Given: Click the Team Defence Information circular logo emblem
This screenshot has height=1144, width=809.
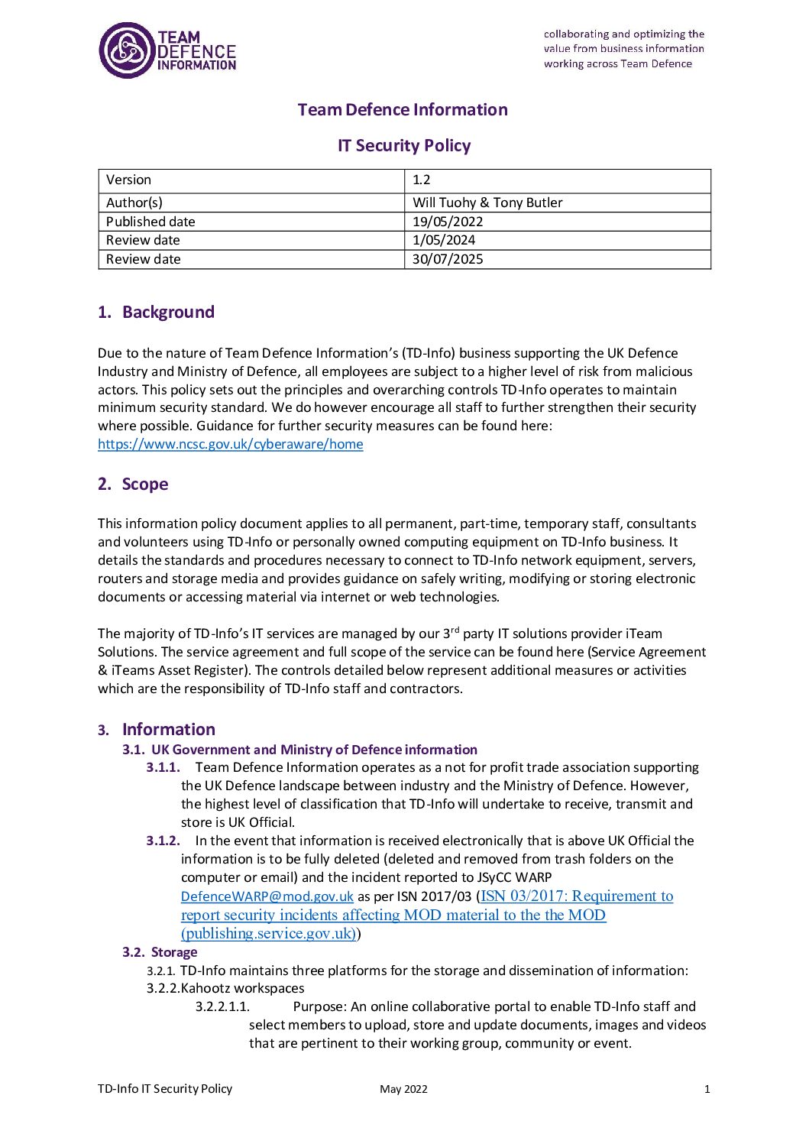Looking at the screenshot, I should click(127, 50).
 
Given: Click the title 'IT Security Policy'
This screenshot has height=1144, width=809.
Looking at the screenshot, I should click(404, 145).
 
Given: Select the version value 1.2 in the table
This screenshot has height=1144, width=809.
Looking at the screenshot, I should click(422, 180).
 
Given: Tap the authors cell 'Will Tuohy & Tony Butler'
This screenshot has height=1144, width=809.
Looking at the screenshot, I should click(487, 203).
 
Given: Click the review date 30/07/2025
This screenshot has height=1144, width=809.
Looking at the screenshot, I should click(448, 259).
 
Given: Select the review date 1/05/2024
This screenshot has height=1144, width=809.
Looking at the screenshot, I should click(444, 240).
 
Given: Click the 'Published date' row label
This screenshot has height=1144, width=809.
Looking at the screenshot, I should click(150, 222).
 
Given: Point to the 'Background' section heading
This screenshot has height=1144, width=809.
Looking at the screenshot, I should click(168, 312).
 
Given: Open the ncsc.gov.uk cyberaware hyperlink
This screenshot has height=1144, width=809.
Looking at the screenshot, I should click(231, 444).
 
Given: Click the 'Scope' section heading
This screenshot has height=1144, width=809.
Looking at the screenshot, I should click(145, 484).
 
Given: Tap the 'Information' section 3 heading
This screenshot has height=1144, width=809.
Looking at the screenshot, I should click(169, 729).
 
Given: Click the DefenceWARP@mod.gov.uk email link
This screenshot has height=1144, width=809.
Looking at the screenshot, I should click(267, 896).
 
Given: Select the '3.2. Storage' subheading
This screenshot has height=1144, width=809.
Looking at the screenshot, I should click(160, 952).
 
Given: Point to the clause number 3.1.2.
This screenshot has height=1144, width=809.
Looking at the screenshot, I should click(163, 841).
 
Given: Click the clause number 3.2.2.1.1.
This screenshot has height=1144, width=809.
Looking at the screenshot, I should click(222, 1006).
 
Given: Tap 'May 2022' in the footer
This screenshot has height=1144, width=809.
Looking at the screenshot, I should click(403, 1089).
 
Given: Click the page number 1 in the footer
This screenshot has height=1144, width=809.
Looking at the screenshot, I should click(707, 1089).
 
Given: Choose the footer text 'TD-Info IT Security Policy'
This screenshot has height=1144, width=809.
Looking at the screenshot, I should click(165, 1089).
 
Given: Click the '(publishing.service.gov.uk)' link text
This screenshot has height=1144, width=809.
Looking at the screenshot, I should click(269, 933).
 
